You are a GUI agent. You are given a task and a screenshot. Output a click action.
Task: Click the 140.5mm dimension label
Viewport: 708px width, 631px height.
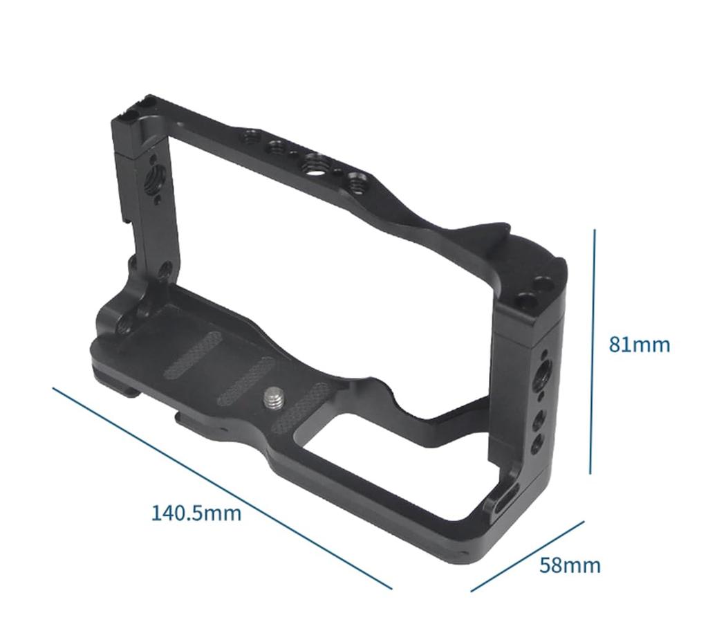[x=196, y=513]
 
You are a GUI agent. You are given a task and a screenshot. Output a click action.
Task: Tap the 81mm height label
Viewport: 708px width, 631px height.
[x=639, y=344]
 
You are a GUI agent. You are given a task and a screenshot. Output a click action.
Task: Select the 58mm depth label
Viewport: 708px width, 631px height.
[x=570, y=565]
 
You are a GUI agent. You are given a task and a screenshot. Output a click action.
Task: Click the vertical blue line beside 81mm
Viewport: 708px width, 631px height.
[x=593, y=353]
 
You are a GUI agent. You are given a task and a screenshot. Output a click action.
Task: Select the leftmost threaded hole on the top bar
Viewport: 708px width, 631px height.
[x=246, y=133]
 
